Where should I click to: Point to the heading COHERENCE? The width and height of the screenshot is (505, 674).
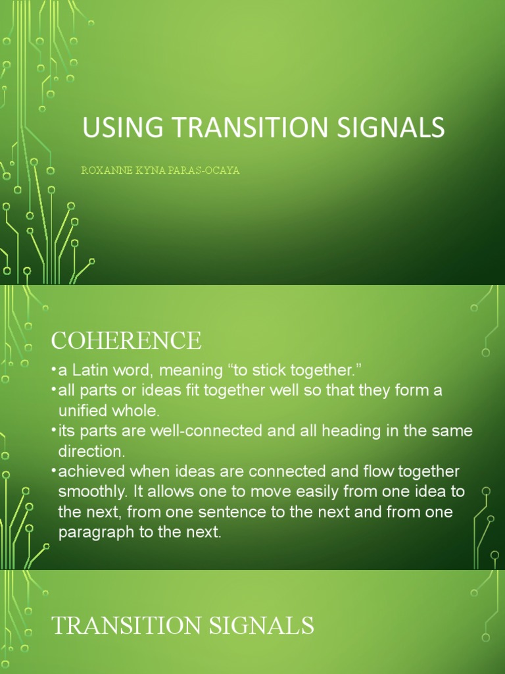click(x=126, y=341)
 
